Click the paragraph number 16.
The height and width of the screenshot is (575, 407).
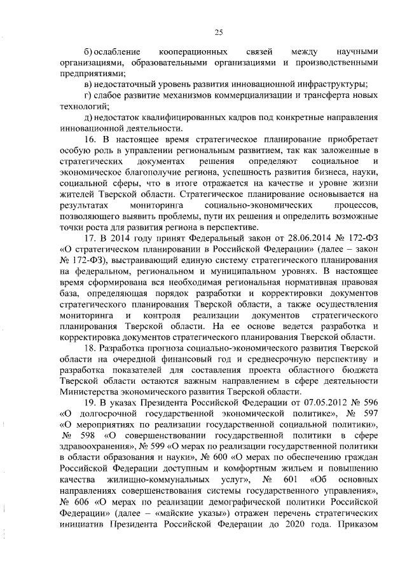pyautogui.click(x=90, y=139)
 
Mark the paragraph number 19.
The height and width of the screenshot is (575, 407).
pyautogui.click(x=90, y=403)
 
